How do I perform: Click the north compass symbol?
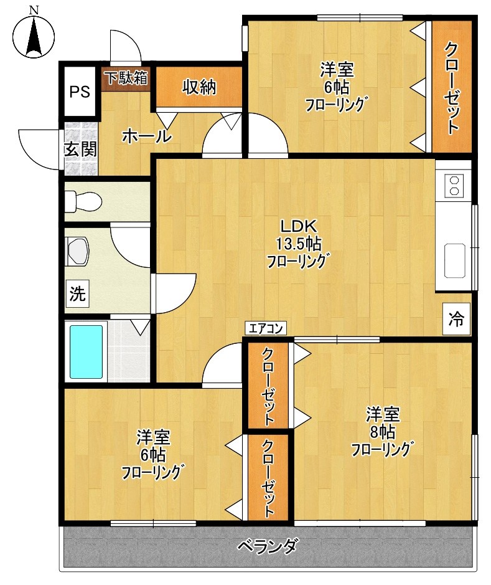pyautogui.click(x=34, y=34)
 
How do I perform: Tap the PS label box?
pyautogui.click(x=80, y=92)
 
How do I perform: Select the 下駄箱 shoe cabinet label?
pyautogui.click(x=126, y=78)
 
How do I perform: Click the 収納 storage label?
pyautogui.click(x=199, y=88)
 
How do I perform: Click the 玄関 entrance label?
pyautogui.click(x=80, y=150)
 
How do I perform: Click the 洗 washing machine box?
pyautogui.click(x=77, y=293)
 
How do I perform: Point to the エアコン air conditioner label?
pyautogui.click(x=266, y=328)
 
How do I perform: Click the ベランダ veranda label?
pyautogui.click(x=268, y=547)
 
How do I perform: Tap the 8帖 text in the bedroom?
pyautogui.click(x=382, y=432)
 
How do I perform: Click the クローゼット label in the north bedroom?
pyautogui.click(x=451, y=88)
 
